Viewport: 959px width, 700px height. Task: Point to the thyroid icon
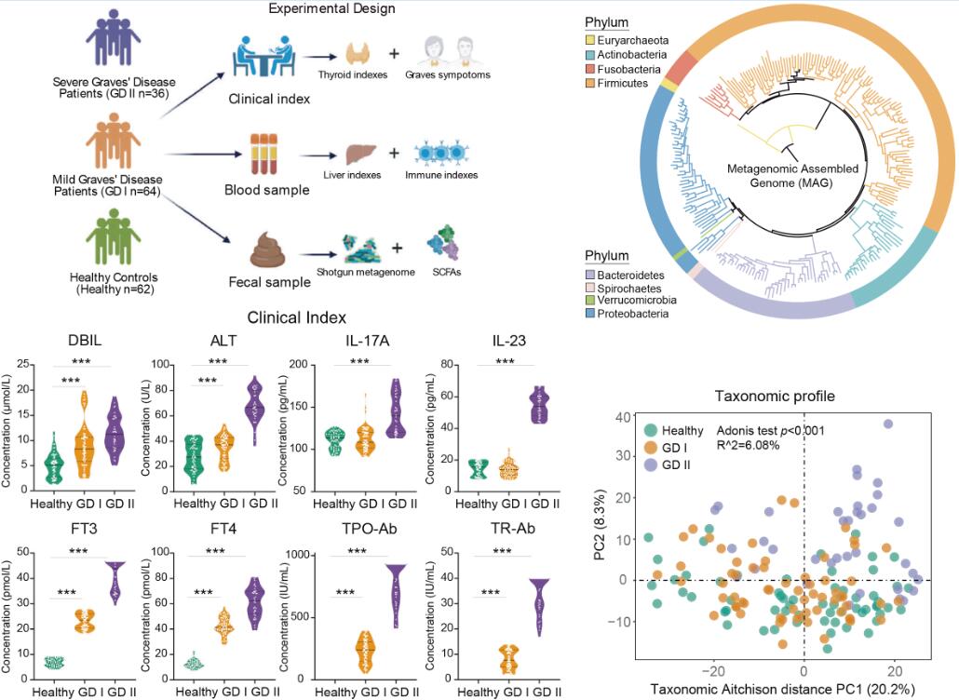[360, 54]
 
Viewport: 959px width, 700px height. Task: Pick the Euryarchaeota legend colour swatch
[590, 40]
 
